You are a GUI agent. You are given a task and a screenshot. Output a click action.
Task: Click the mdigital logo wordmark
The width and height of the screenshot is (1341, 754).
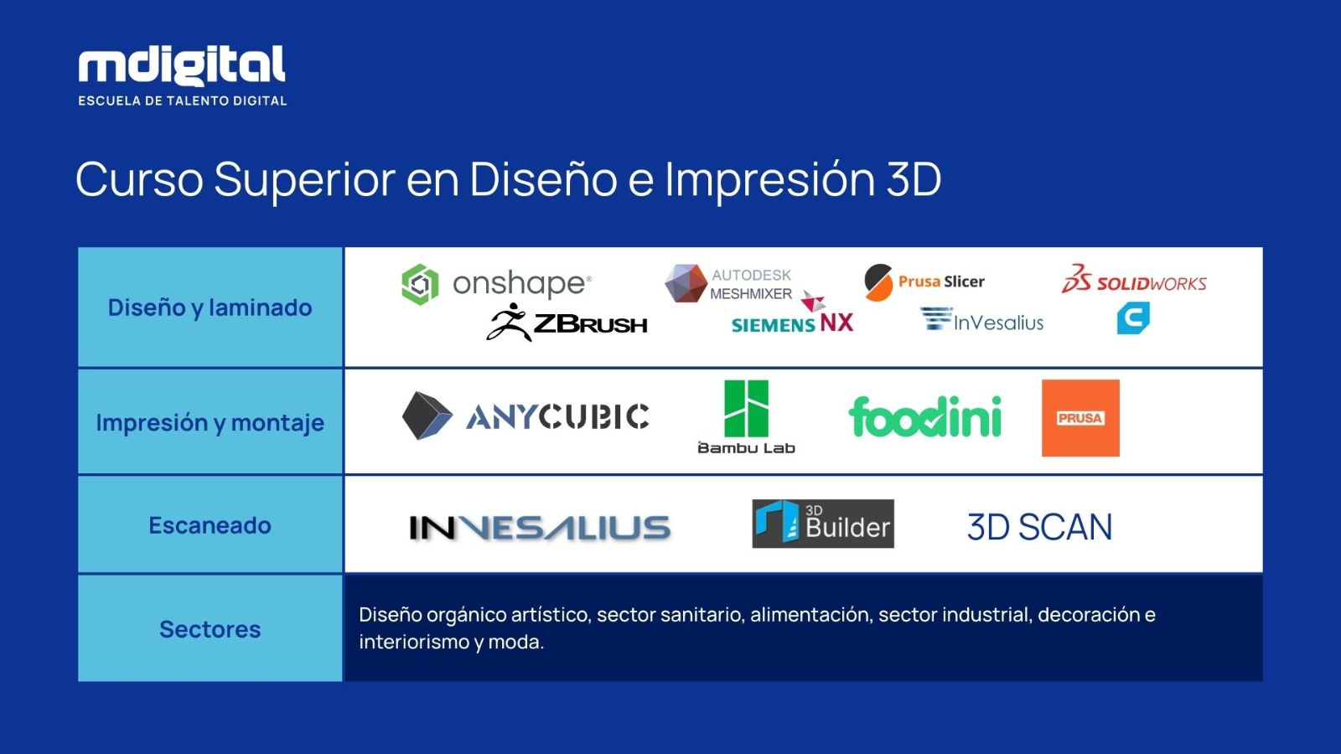(x=182, y=65)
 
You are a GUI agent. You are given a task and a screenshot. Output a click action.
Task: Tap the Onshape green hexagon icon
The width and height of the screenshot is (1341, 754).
(x=420, y=284)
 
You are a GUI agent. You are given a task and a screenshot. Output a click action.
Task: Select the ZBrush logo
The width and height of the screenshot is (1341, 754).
(x=567, y=323)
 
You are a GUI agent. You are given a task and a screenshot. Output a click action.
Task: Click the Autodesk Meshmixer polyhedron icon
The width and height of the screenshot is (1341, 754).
(x=686, y=283)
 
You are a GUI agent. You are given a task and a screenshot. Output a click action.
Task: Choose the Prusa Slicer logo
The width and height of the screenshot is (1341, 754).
(x=924, y=281)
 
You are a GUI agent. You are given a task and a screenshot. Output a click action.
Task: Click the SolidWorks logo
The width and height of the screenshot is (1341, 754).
(x=1134, y=279)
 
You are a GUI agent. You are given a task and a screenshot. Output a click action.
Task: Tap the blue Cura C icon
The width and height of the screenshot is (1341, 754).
(x=1133, y=318)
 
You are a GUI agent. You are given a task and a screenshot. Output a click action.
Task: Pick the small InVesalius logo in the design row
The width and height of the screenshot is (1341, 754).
(x=981, y=319)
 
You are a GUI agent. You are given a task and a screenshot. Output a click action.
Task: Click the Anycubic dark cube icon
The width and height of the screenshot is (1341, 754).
(x=427, y=416)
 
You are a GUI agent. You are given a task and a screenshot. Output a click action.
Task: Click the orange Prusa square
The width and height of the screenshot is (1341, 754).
(x=1080, y=418)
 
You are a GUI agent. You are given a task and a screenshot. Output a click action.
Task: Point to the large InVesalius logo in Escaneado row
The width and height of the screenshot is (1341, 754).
(x=540, y=527)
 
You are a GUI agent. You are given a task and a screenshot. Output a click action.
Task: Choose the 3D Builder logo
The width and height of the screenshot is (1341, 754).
(x=823, y=524)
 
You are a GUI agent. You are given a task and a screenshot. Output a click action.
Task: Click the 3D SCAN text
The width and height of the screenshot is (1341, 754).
(x=1040, y=527)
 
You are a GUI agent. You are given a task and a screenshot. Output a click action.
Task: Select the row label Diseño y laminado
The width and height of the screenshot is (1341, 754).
(x=210, y=307)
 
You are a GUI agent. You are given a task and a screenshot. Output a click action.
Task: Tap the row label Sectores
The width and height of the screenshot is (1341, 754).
(x=210, y=629)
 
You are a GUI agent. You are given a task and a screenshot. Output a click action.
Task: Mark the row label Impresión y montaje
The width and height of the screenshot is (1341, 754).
(x=210, y=422)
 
